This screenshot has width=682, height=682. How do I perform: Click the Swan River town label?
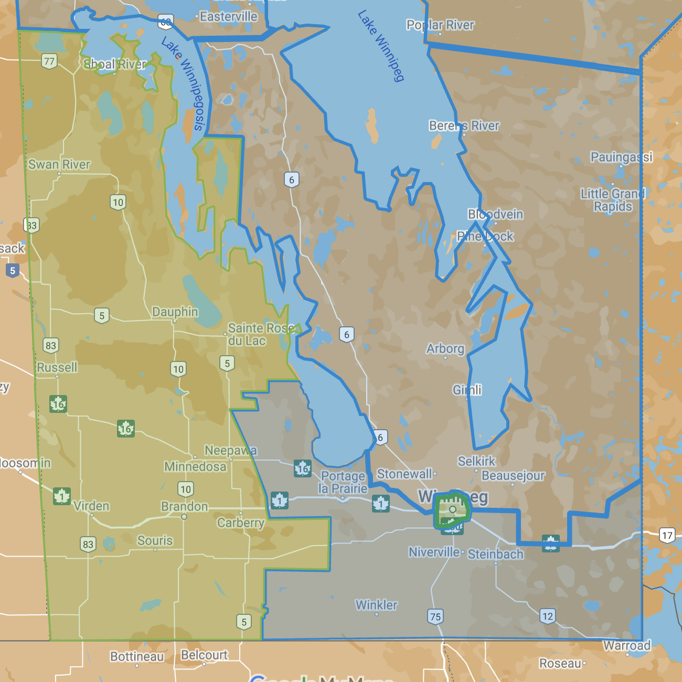click(59, 164)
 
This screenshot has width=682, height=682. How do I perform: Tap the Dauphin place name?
click(175, 312)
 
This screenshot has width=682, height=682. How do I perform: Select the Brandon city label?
click(184, 506)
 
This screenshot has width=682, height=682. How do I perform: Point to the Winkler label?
click(376, 605)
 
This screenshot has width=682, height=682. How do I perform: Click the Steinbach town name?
click(495, 554)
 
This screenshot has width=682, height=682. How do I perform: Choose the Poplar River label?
click(440, 25)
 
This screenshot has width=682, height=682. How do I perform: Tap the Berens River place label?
click(464, 125)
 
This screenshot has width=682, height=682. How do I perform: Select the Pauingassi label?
click(621, 157)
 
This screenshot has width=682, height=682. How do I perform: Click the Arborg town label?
click(445, 348)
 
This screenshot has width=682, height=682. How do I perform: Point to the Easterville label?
click(229, 17)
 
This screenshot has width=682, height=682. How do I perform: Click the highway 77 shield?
click(49, 61)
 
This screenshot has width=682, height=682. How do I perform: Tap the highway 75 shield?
click(435, 616)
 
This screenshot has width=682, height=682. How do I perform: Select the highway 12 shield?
click(548, 616)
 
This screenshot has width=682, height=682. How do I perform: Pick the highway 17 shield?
click(667, 536)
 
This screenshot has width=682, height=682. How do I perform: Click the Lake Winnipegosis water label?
click(183, 83)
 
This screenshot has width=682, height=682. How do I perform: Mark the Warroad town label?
click(627, 645)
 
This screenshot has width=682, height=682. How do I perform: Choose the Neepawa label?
click(231, 450)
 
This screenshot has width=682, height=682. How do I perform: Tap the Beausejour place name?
click(513, 475)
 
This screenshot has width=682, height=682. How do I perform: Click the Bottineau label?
click(137, 656)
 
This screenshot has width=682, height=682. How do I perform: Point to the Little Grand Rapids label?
click(613, 200)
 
